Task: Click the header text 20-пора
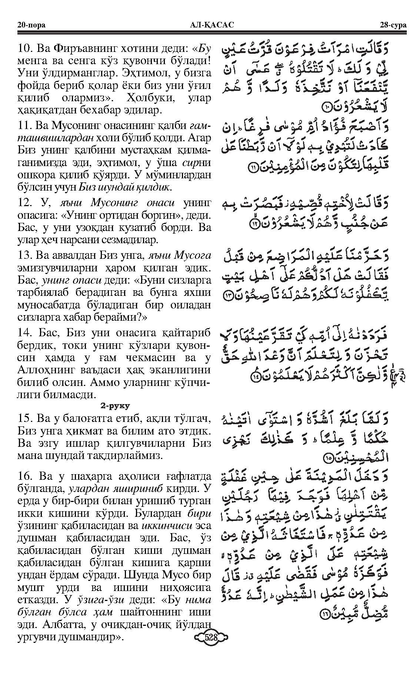click(31, 25)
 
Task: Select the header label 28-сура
click(392, 25)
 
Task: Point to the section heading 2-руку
click(114, 406)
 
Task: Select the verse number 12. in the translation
click(24, 202)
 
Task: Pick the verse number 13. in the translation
click(24, 255)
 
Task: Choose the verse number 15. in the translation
click(24, 419)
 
